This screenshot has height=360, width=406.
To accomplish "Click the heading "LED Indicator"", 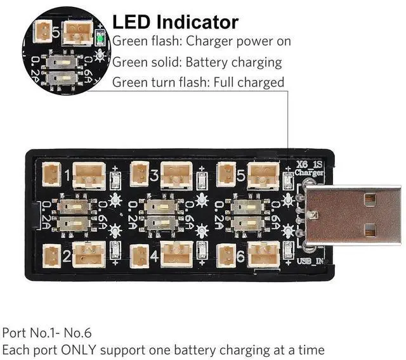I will tap(175, 22).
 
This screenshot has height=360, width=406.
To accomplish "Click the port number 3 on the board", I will tap(154, 172).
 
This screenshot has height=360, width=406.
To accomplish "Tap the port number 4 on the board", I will tap(154, 257).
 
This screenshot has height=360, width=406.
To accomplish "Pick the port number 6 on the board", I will tap(240, 257).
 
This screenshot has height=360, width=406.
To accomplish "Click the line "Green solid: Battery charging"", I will tap(197, 62).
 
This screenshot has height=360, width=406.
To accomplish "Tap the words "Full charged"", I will tap(249, 82).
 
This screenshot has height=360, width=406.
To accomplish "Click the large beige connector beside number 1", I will tap(89, 175).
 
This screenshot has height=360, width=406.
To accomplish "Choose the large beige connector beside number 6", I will tap(263, 255).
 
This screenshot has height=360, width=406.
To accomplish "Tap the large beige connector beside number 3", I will tap(176, 175).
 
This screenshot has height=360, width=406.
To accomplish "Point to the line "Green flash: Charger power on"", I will tap(202, 42).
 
